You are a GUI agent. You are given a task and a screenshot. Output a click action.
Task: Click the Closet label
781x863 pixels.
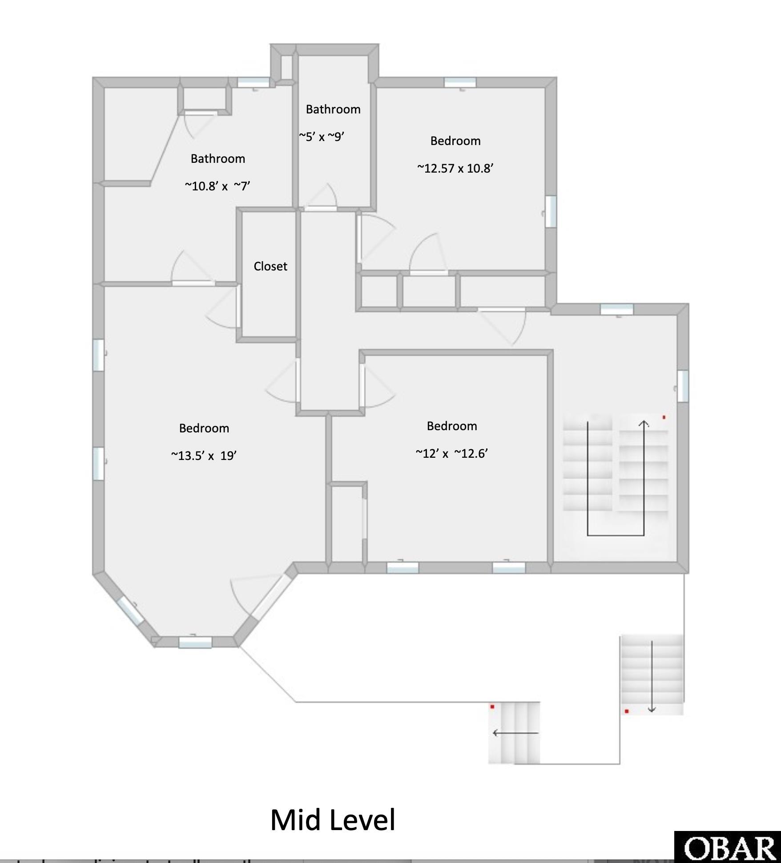pos(270,266)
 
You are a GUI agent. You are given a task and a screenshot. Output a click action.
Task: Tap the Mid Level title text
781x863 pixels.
pos(333,820)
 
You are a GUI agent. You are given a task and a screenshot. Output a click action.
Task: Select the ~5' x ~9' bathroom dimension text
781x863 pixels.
pos(322,137)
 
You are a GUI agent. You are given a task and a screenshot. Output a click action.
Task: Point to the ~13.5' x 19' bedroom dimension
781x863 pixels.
pos(204,456)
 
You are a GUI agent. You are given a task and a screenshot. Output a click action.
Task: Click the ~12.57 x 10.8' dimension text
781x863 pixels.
pos(455,168)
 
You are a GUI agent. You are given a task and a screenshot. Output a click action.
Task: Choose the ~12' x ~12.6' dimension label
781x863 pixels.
pos(452,453)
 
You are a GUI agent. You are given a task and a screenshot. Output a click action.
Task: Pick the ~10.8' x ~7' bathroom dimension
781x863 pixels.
pos(217,186)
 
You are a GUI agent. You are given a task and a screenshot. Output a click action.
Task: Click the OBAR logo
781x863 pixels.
pos(728,848)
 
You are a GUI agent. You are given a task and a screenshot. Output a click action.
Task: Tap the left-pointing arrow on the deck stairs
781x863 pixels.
pos(515,733)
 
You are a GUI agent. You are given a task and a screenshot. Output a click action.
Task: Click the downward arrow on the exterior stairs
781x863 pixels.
pos(652,676)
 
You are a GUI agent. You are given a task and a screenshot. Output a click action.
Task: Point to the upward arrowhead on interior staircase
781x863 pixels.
pos(644,423)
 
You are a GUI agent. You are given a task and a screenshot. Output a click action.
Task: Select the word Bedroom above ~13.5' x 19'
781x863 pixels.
pos(204,428)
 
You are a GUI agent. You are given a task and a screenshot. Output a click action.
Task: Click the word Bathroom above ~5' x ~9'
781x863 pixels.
pos(333,109)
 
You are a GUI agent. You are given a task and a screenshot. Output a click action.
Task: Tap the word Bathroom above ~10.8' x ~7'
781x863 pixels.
pos(218,159)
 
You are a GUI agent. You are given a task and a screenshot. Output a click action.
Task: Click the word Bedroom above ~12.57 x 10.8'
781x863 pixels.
pos(455,141)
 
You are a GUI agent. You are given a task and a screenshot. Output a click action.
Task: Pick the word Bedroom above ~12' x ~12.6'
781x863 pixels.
pos(452,426)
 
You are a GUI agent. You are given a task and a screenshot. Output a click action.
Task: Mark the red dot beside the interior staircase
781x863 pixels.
pos(664,417)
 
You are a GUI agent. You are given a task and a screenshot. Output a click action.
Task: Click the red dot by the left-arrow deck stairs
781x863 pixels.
pos(492,706)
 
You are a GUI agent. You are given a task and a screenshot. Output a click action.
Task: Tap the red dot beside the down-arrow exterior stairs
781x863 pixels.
pos(627,711)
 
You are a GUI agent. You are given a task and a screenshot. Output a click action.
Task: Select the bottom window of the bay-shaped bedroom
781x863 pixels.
pos(195,642)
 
